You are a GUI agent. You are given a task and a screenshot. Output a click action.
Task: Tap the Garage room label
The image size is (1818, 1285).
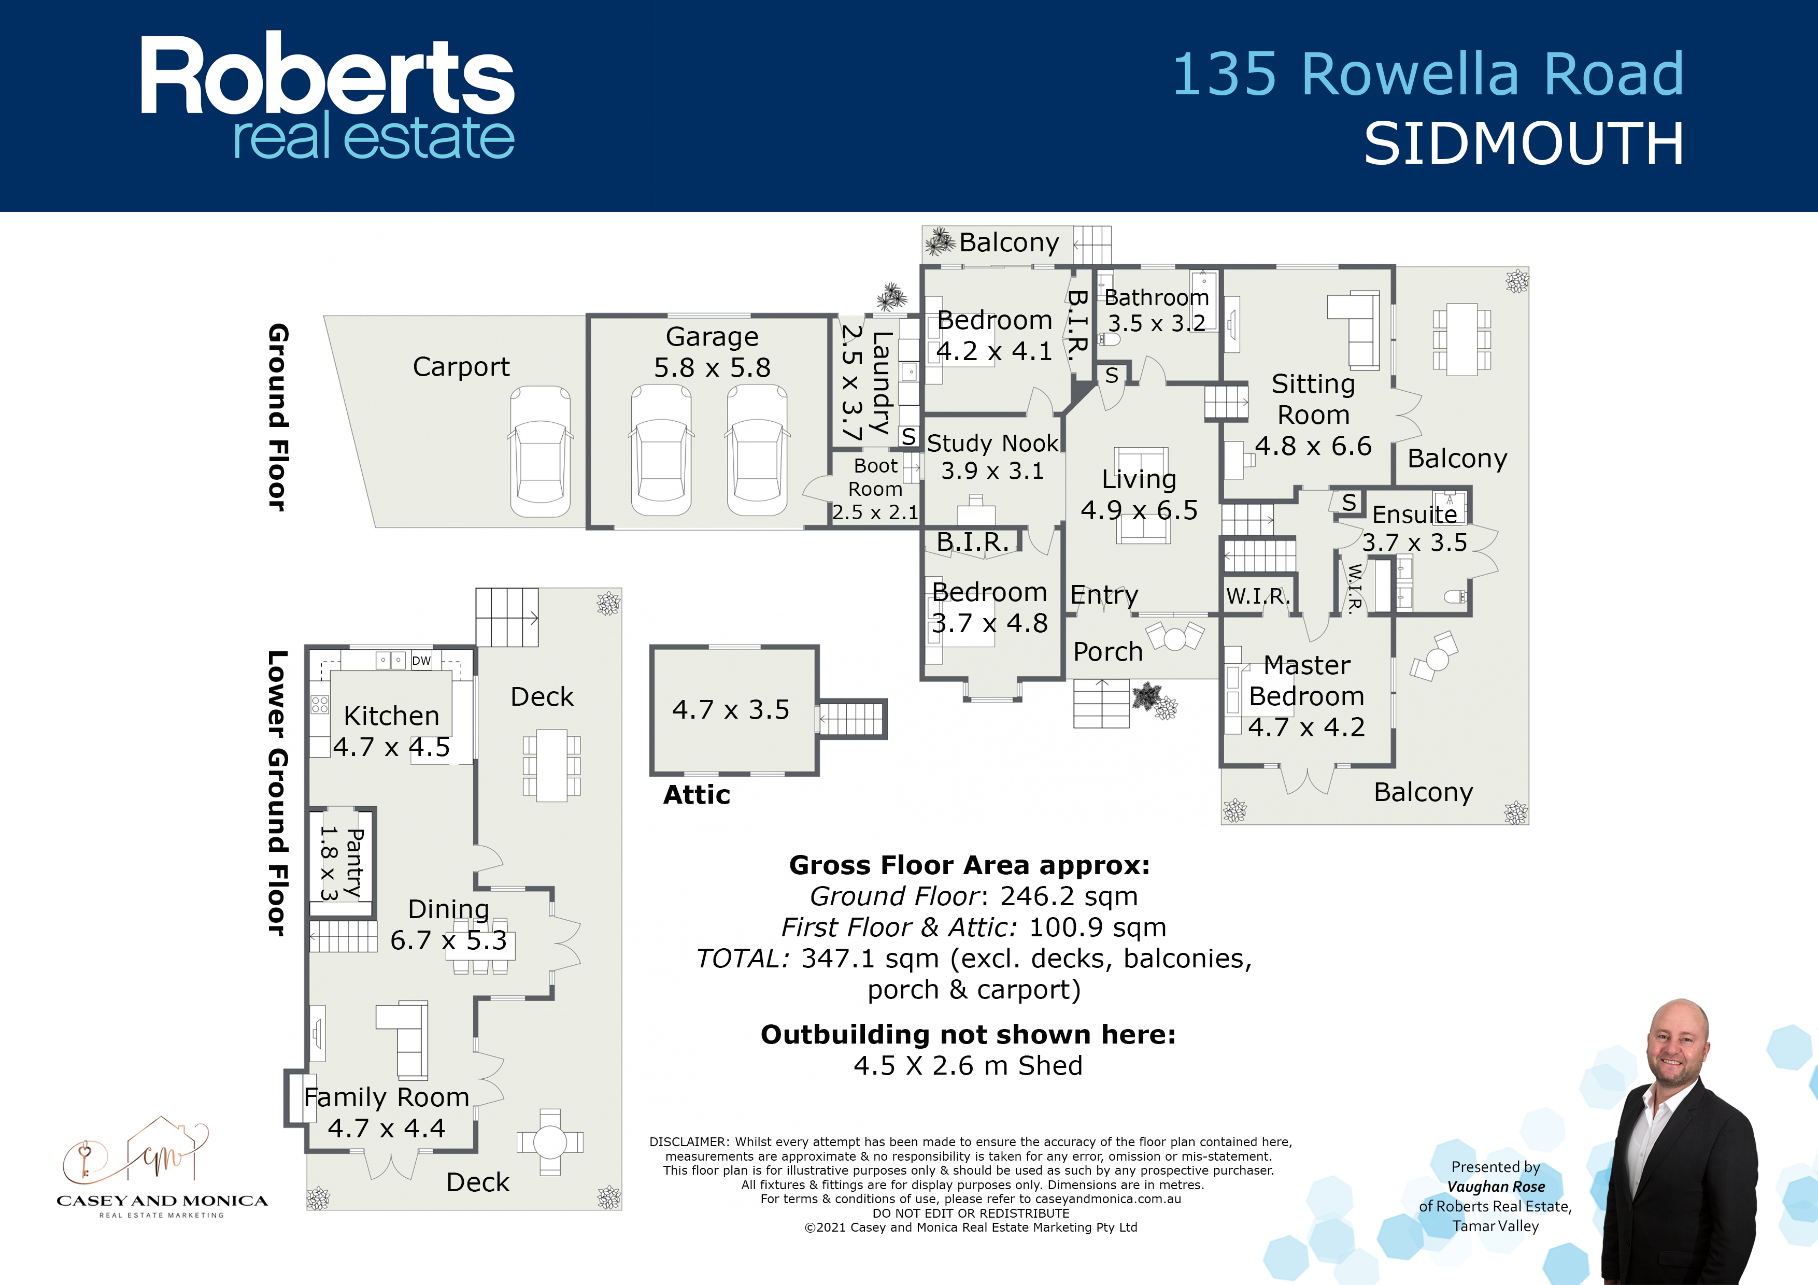712,336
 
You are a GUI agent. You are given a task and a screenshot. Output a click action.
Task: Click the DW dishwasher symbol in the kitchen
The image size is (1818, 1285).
421,660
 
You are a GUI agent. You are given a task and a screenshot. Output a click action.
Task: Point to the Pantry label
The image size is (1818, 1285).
354,862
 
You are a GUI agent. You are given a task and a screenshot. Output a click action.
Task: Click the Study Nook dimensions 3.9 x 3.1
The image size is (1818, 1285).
992,471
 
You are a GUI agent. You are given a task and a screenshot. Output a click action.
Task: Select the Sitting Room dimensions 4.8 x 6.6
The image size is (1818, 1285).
1313,446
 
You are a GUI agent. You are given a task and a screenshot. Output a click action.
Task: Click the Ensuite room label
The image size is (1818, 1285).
1414,515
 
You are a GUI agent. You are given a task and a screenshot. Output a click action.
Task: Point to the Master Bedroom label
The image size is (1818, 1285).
1306,681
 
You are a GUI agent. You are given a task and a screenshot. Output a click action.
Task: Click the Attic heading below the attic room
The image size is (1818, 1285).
697,795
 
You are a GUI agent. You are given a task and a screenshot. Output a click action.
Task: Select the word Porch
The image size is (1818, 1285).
1107,652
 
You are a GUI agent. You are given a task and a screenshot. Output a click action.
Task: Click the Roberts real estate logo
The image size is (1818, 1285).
327,96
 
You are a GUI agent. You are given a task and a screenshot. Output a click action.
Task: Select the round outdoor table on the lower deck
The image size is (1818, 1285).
549,1141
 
